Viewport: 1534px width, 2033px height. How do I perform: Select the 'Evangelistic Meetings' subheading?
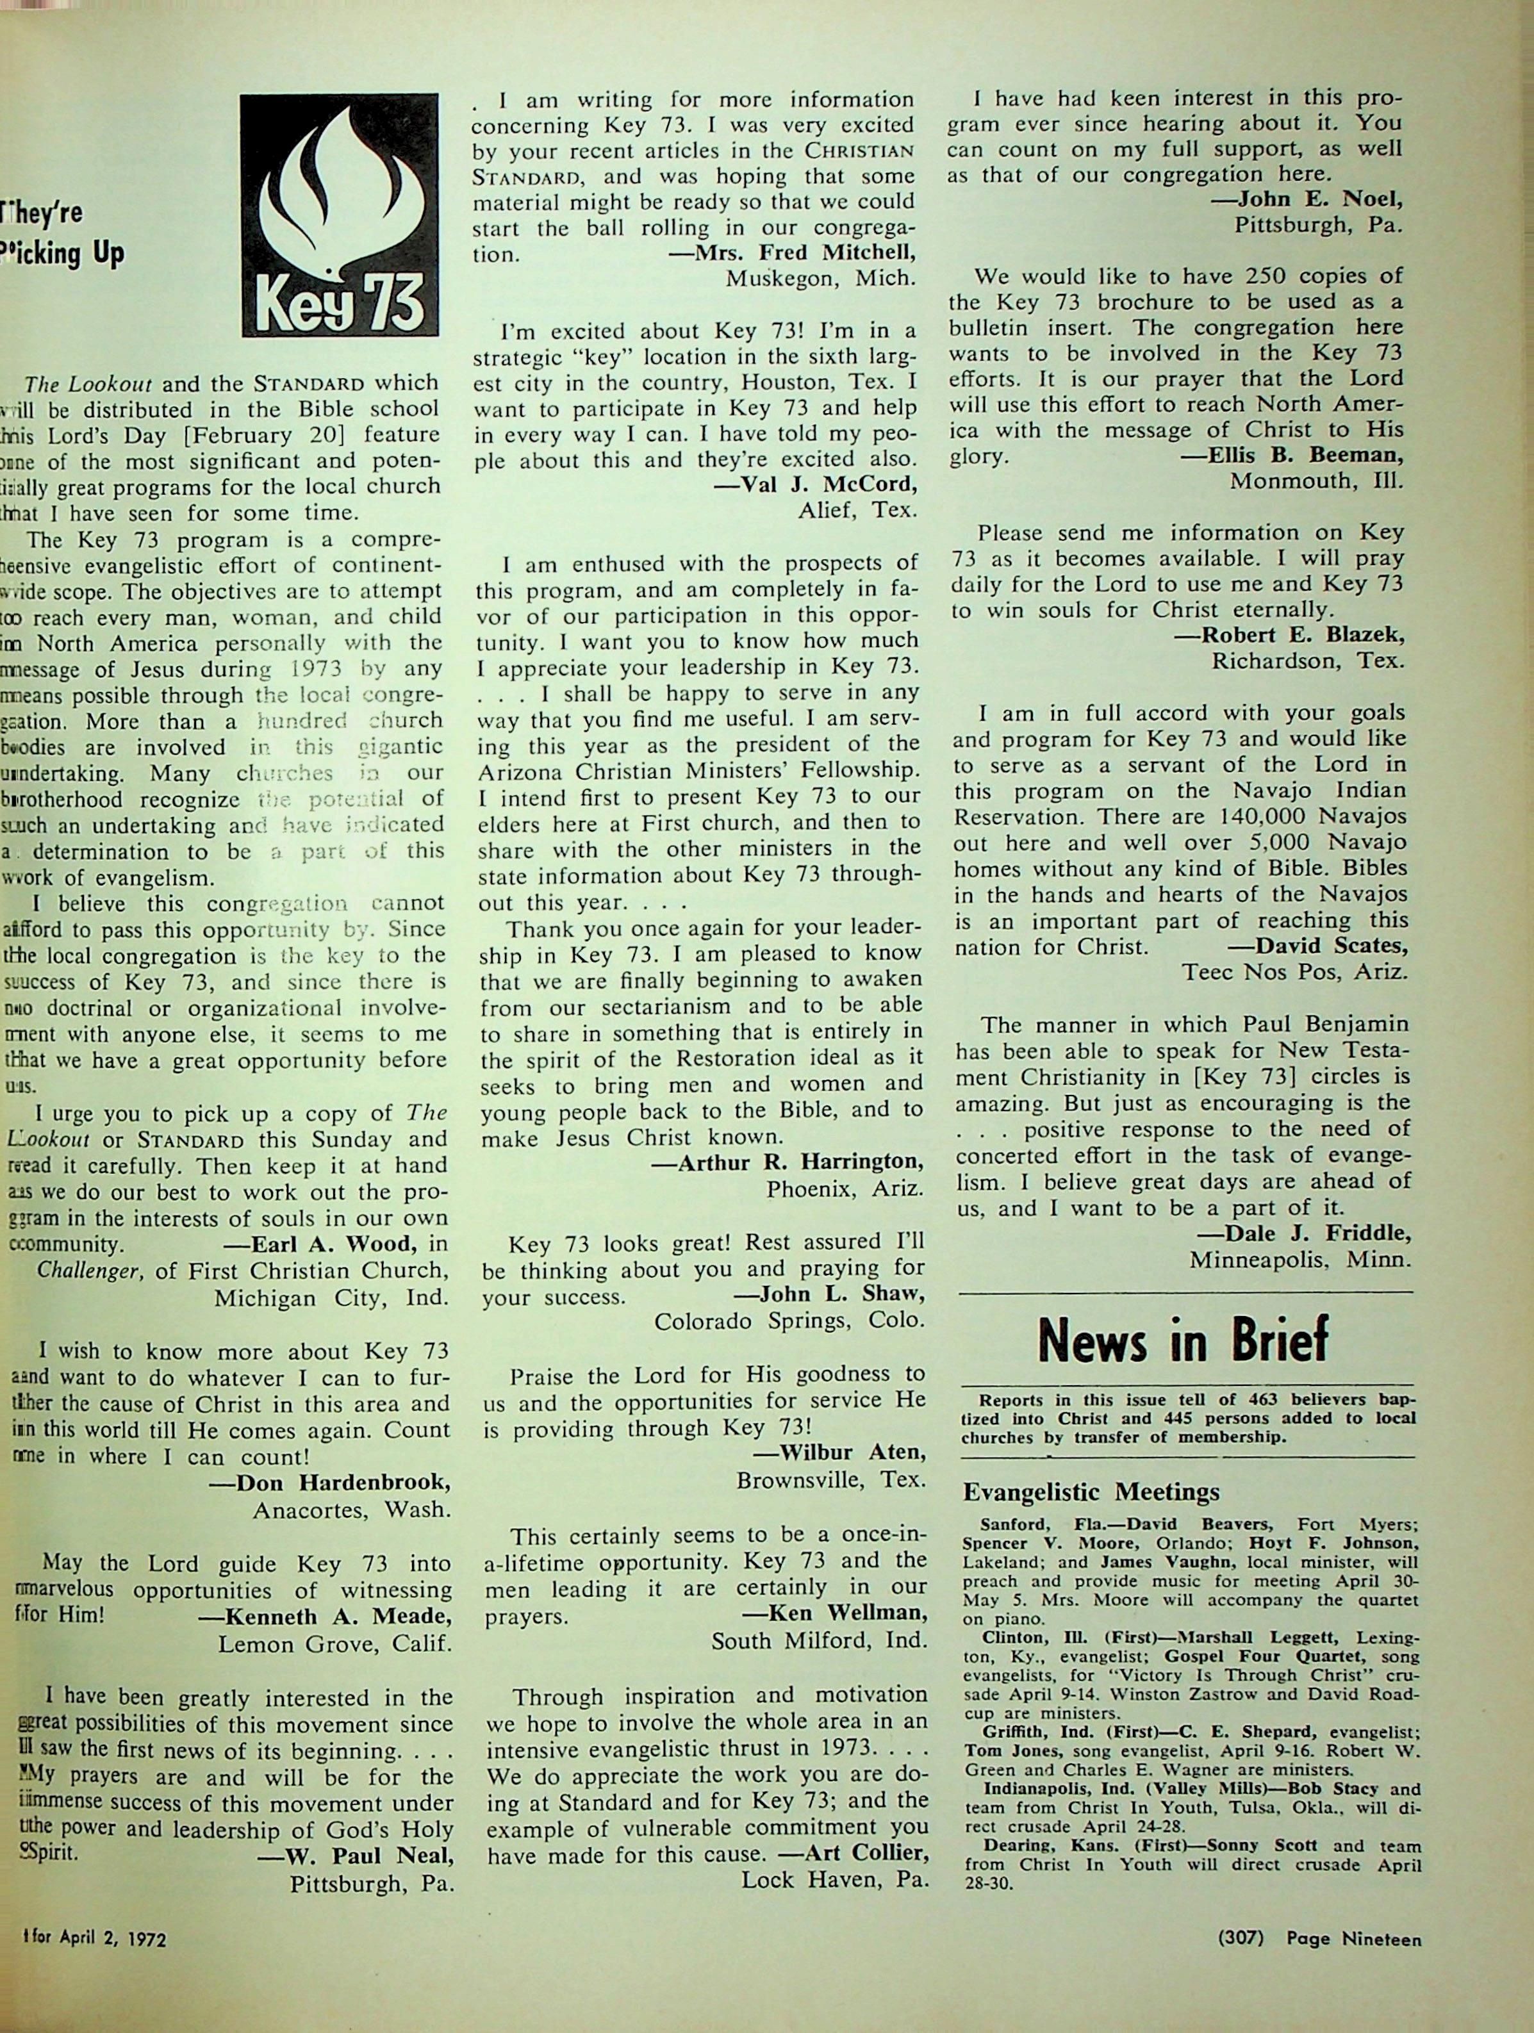(x=1091, y=1491)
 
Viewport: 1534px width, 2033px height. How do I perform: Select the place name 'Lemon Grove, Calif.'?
(x=334, y=1643)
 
